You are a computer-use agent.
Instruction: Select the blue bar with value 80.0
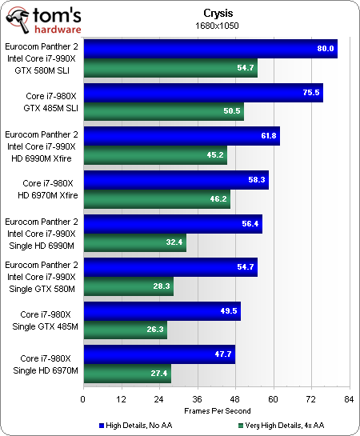click(x=210, y=49)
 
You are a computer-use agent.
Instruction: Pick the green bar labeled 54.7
click(x=170, y=68)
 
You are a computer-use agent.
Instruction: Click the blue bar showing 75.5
click(x=202, y=92)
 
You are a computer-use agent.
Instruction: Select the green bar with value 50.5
click(x=163, y=111)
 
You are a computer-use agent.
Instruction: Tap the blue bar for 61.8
click(x=181, y=136)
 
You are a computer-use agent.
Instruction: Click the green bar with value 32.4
click(x=134, y=242)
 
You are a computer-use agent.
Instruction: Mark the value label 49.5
click(x=229, y=310)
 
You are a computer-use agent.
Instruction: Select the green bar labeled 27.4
click(x=126, y=374)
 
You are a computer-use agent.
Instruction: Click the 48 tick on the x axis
click(x=235, y=398)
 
